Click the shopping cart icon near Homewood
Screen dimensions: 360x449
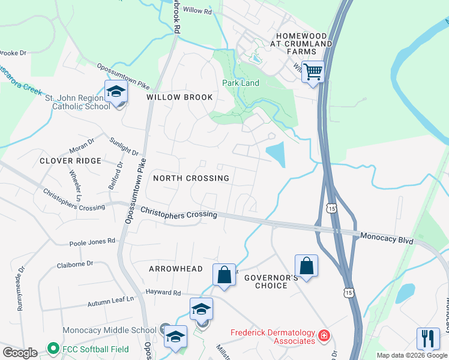pos(313,72)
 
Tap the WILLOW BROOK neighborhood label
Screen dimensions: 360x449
pos(179,97)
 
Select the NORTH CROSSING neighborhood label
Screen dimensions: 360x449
pos(191,178)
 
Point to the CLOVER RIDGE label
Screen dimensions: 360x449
pos(70,161)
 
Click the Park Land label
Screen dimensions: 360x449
pos(241,83)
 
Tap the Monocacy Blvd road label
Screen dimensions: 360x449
pos(387,238)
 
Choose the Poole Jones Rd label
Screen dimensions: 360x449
pos(92,241)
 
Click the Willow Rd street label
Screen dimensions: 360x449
pos(197,11)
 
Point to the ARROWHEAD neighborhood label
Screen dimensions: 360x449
pos(176,269)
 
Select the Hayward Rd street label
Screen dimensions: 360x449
pos(163,293)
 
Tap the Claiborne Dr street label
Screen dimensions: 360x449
pos(75,263)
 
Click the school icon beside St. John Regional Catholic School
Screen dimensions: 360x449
pos(116,92)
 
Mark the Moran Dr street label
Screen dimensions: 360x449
pos(82,144)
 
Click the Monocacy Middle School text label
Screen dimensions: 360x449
pos(109,330)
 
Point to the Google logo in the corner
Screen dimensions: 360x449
pos(20,352)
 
